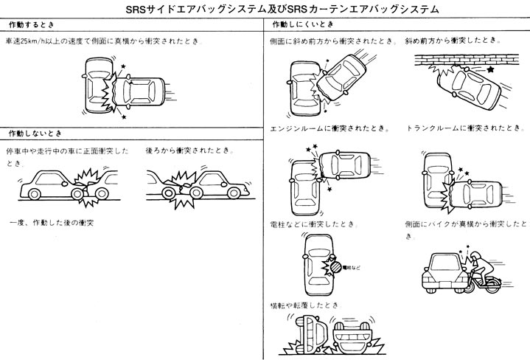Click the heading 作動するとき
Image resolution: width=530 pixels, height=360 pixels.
click(x=29, y=25)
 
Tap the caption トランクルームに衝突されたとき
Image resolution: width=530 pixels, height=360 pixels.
click(x=460, y=128)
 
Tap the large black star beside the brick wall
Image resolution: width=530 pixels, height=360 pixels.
click(x=491, y=69)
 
